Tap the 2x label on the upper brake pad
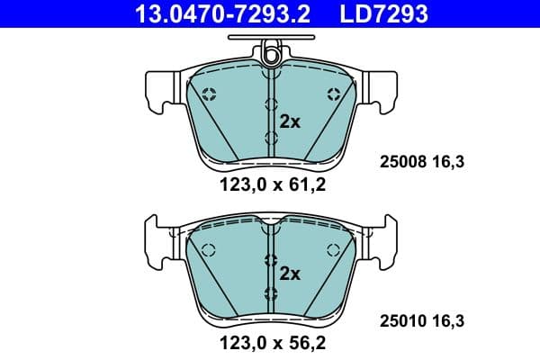(x=289, y=122)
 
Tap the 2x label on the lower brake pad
(x=289, y=273)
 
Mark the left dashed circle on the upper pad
(x=209, y=94)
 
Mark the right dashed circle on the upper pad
(x=334, y=94)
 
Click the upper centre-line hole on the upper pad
(x=271, y=105)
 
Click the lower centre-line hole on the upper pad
(x=271, y=137)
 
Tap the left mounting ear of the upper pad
(x=158, y=91)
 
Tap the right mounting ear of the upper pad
(x=383, y=91)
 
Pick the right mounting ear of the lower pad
(x=383, y=241)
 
